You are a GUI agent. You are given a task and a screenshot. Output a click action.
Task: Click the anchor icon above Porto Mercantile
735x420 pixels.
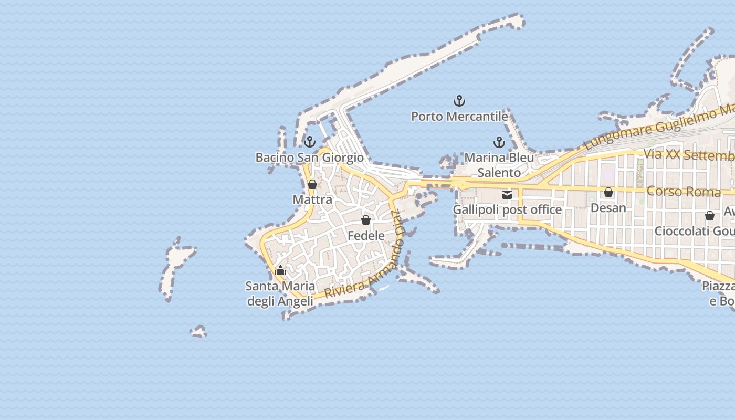pyautogui.click(x=459, y=101)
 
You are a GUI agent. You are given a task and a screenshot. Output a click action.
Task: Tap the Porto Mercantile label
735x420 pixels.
pyautogui.click(x=459, y=116)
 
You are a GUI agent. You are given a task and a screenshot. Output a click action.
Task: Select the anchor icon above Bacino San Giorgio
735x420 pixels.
pyautogui.click(x=310, y=142)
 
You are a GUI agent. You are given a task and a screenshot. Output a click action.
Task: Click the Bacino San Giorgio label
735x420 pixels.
pyautogui.click(x=309, y=157)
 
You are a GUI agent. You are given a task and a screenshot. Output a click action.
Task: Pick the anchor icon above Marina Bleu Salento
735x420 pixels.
pyautogui.click(x=499, y=142)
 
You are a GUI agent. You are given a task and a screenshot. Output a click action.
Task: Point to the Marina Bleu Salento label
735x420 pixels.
pyautogui.click(x=499, y=165)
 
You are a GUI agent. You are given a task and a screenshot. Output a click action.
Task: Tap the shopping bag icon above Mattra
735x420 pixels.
pyautogui.click(x=312, y=184)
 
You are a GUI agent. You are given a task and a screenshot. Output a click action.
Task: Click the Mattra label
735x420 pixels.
pyautogui.click(x=312, y=199)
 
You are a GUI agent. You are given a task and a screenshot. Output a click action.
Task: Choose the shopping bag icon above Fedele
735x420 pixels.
pyautogui.click(x=366, y=220)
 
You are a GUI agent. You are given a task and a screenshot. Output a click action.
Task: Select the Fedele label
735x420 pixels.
pyautogui.click(x=366, y=236)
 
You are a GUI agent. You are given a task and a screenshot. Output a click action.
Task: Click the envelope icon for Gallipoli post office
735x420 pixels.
pyautogui.click(x=507, y=195)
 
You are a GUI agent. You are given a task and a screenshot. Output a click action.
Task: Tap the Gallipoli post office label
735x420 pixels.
pyautogui.click(x=507, y=210)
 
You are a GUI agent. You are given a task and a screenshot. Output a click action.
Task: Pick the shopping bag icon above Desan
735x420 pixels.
pyautogui.click(x=608, y=193)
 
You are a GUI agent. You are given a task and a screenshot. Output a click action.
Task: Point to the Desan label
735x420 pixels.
pyautogui.click(x=608, y=208)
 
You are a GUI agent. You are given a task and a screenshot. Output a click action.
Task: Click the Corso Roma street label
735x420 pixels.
pyautogui.click(x=684, y=191)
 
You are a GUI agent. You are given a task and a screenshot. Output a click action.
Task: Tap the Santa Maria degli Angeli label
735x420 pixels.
pyautogui.click(x=280, y=293)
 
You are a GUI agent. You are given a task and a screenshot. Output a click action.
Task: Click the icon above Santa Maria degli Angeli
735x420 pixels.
pyautogui.click(x=280, y=271)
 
